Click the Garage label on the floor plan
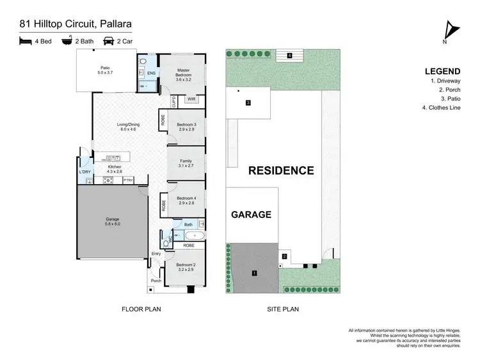pos(113,221)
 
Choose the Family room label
pos(186,163)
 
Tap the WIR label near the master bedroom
pos(191,100)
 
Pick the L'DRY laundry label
pos(84,172)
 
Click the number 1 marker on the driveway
pos(255,273)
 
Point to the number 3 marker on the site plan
pos(248,102)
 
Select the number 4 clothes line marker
pos(289,56)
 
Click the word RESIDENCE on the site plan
pos(281,171)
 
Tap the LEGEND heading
pos(441,71)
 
